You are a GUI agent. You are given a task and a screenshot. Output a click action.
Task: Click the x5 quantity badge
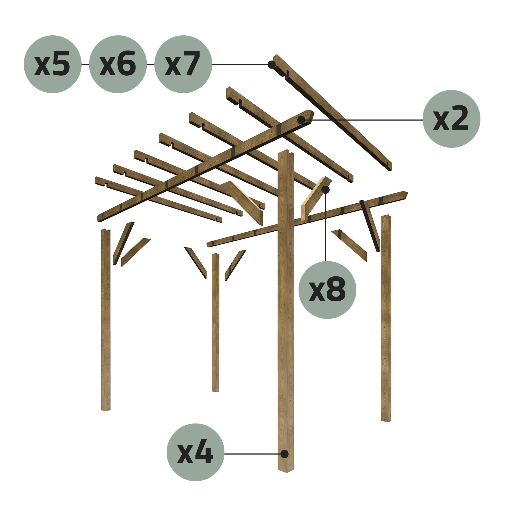pyautogui.click(x=53, y=64)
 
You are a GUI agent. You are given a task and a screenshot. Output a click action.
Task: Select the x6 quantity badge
pyautogui.click(x=118, y=64)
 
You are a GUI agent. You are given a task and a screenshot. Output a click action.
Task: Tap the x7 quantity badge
pyautogui.click(x=183, y=64)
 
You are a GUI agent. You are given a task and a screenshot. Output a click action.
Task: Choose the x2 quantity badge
pyautogui.click(x=451, y=119)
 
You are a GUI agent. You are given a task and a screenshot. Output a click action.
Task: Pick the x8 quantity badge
pyautogui.click(x=327, y=290)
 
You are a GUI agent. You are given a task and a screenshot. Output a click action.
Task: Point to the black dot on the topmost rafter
pyautogui.click(x=271, y=65)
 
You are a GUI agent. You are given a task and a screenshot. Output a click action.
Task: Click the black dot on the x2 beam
pyautogui.click(x=301, y=120)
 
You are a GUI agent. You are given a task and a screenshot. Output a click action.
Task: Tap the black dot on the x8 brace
pyautogui.click(x=325, y=190)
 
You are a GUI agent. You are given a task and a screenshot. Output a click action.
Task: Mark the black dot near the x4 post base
pyautogui.click(x=284, y=454)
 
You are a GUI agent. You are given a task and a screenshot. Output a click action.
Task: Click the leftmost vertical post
pyautogui.click(x=106, y=319)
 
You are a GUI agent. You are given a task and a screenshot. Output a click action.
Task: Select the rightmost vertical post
pyautogui.click(x=386, y=319)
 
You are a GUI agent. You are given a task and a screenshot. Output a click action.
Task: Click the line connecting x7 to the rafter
pyautogui.click(x=239, y=65)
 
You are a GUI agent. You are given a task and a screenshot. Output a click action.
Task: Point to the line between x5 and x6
pyautogui.click(x=85, y=65)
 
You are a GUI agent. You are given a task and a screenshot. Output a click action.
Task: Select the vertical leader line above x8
pyautogui.click(x=325, y=226)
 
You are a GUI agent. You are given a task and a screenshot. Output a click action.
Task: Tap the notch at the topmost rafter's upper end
pyautogui.click(x=287, y=75)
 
